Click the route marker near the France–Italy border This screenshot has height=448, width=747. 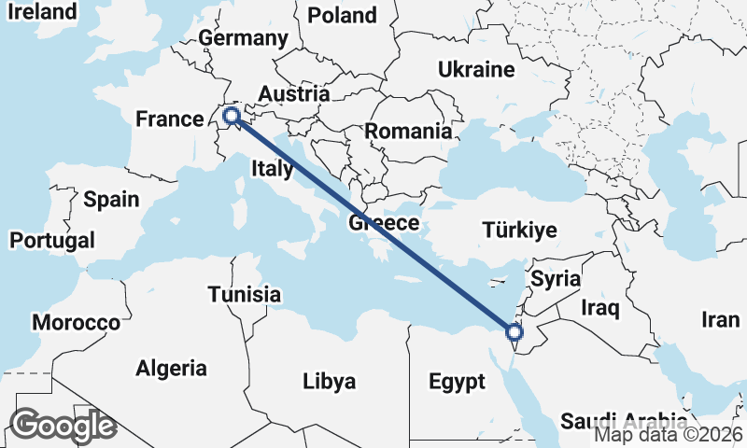[231, 117]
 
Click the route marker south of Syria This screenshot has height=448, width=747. [514, 331]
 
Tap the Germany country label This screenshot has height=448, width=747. [243, 38]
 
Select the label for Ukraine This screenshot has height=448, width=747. [476, 70]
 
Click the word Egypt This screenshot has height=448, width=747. [457, 382]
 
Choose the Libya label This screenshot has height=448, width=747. [329, 382]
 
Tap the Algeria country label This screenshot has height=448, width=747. [171, 368]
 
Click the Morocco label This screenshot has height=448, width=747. [76, 323]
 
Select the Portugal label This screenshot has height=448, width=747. [52, 241]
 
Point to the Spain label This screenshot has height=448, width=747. [111, 199]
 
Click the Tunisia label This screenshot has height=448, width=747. [244, 295]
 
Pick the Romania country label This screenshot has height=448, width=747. [408, 132]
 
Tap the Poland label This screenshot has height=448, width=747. [342, 15]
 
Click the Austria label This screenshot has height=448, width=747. [293, 94]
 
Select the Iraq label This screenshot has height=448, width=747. [600, 307]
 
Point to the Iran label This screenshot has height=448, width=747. [721, 320]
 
